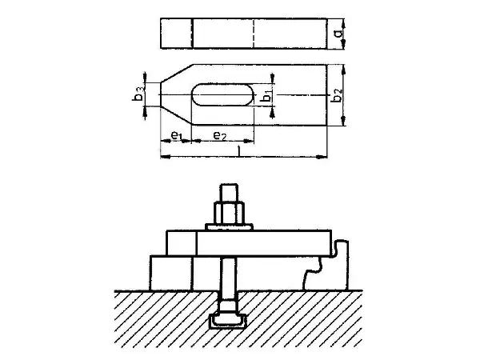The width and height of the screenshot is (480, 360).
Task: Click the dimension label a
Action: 338,34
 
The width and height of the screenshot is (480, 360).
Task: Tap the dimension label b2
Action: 337,95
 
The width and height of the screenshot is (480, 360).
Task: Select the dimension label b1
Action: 267,96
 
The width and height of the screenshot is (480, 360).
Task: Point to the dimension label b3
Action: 138,94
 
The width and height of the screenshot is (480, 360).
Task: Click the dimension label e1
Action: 177,135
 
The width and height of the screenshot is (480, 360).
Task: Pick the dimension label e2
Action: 220,135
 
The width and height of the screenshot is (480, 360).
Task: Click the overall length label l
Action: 238,150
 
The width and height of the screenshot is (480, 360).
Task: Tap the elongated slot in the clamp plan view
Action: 223,94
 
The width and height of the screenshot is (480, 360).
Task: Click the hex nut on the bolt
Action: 230,213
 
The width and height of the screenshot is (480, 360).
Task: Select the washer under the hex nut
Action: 230,227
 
